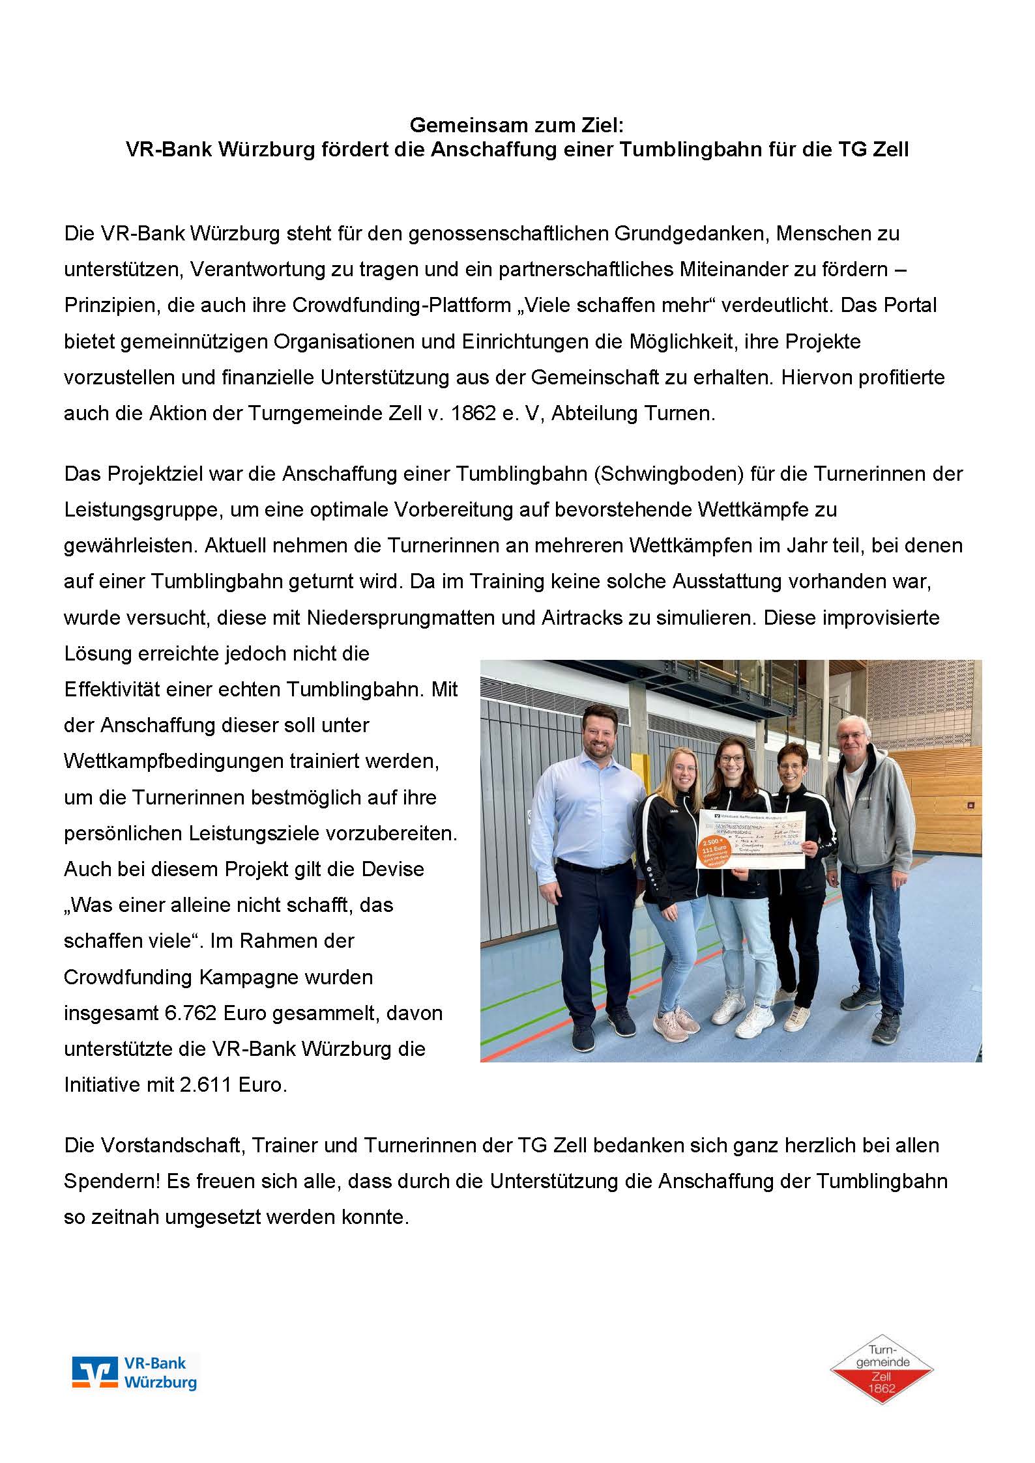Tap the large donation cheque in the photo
(756, 840)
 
